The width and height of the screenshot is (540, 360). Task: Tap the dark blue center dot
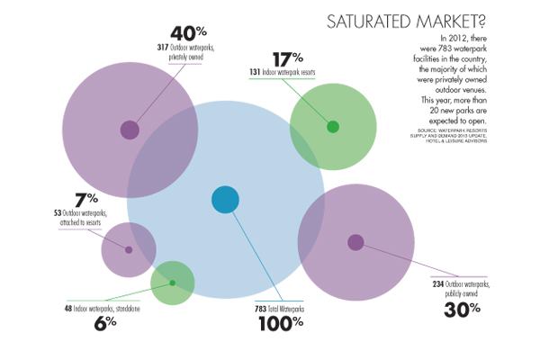tap(224, 200)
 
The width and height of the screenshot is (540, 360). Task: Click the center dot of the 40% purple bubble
tap(130, 130)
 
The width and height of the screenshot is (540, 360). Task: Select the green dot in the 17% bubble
tap(332, 126)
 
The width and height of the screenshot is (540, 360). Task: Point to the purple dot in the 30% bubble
tap(355, 242)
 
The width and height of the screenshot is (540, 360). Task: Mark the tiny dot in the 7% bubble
tap(129, 249)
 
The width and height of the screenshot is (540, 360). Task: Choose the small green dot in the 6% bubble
tap(172, 283)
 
